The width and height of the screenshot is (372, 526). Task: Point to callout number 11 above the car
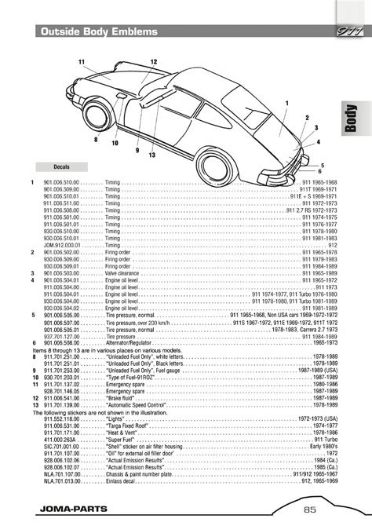click(81, 60)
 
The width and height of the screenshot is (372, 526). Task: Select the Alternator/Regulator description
click(130, 343)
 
